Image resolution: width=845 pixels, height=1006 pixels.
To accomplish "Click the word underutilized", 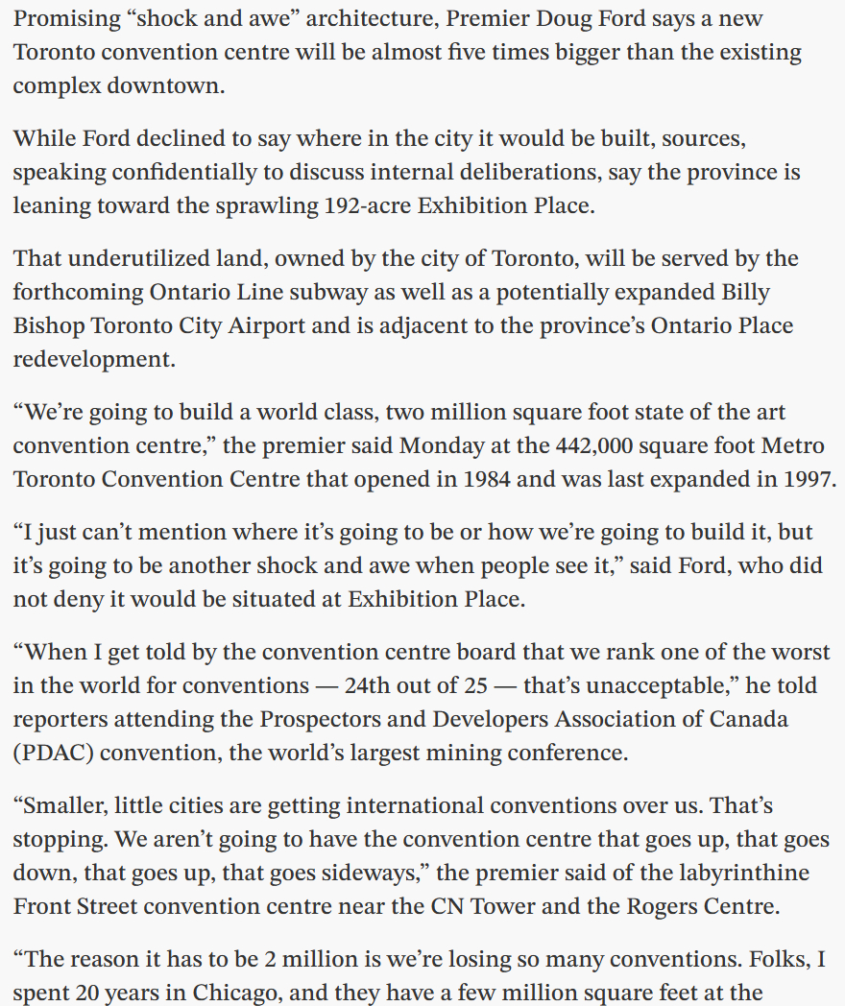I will point(141,258).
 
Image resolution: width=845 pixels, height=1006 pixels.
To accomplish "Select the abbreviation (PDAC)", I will point(53,753).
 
